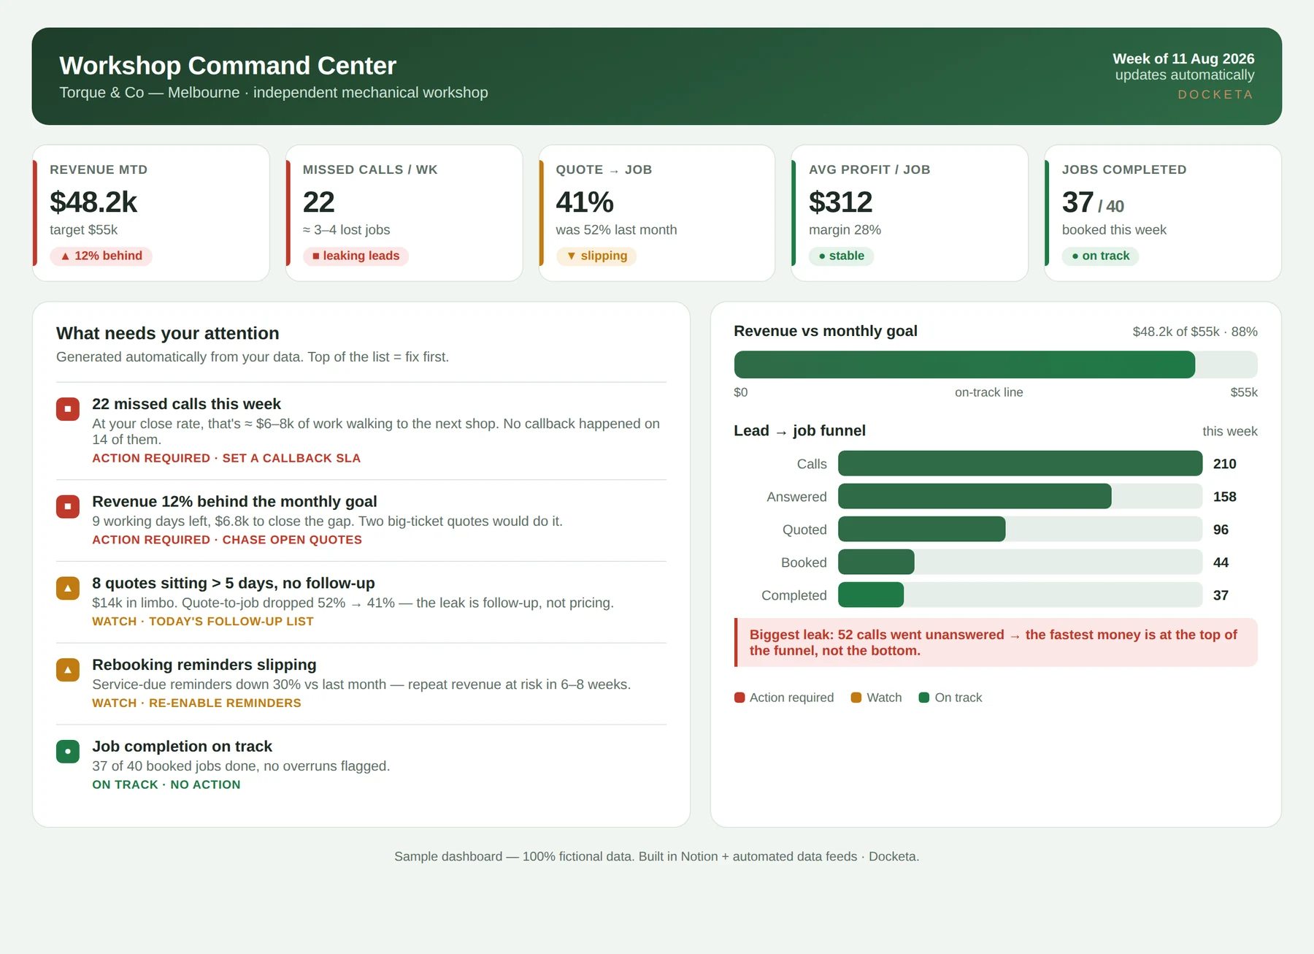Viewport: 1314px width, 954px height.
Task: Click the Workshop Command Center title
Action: (x=228, y=66)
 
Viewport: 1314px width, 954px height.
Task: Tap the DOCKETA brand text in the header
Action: (x=1215, y=95)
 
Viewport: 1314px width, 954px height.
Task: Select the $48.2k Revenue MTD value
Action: (x=93, y=202)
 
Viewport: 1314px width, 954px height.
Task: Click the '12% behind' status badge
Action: (x=101, y=256)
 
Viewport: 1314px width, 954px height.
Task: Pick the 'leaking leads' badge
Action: (x=356, y=256)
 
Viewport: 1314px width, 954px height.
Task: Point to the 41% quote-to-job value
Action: (x=585, y=202)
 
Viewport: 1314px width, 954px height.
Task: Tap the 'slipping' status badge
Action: (x=596, y=256)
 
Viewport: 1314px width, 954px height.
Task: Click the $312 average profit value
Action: (x=840, y=202)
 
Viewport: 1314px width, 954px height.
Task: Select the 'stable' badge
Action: (x=841, y=256)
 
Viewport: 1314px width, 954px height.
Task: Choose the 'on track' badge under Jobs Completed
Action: (x=1100, y=256)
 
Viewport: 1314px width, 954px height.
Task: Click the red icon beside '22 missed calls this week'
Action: (x=68, y=409)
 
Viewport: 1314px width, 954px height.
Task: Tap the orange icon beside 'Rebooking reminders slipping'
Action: (x=68, y=670)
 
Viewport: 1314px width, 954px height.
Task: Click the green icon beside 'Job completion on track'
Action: (x=68, y=751)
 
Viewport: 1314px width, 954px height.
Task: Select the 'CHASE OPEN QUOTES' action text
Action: (x=292, y=540)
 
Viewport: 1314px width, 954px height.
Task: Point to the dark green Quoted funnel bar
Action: (x=921, y=529)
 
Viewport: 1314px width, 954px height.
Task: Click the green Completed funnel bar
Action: (x=871, y=595)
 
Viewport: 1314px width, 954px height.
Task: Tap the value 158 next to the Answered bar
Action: (x=1224, y=497)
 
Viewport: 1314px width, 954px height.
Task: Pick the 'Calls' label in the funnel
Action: (x=812, y=464)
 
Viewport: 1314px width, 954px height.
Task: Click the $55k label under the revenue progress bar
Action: (x=1244, y=392)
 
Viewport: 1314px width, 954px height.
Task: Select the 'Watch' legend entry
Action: (x=876, y=698)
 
